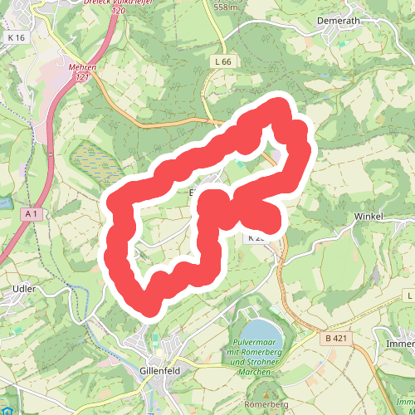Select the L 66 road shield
pos(221,61)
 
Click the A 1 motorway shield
pos(32,214)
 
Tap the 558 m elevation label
pos(226,7)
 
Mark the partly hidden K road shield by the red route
pos(256,237)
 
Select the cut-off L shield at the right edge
pos(409,295)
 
